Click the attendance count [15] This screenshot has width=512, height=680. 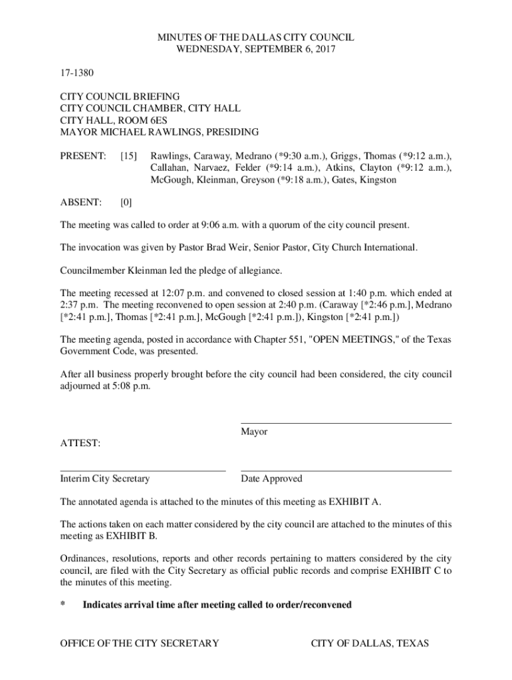[x=129, y=156]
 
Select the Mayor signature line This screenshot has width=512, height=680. [x=346, y=422]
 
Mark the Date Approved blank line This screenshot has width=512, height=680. [x=346, y=470]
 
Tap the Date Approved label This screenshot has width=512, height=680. [x=271, y=479]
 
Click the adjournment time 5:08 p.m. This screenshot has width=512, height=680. [x=129, y=386]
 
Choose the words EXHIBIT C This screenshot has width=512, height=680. [x=414, y=570]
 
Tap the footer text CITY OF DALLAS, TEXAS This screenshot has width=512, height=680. [x=370, y=643]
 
